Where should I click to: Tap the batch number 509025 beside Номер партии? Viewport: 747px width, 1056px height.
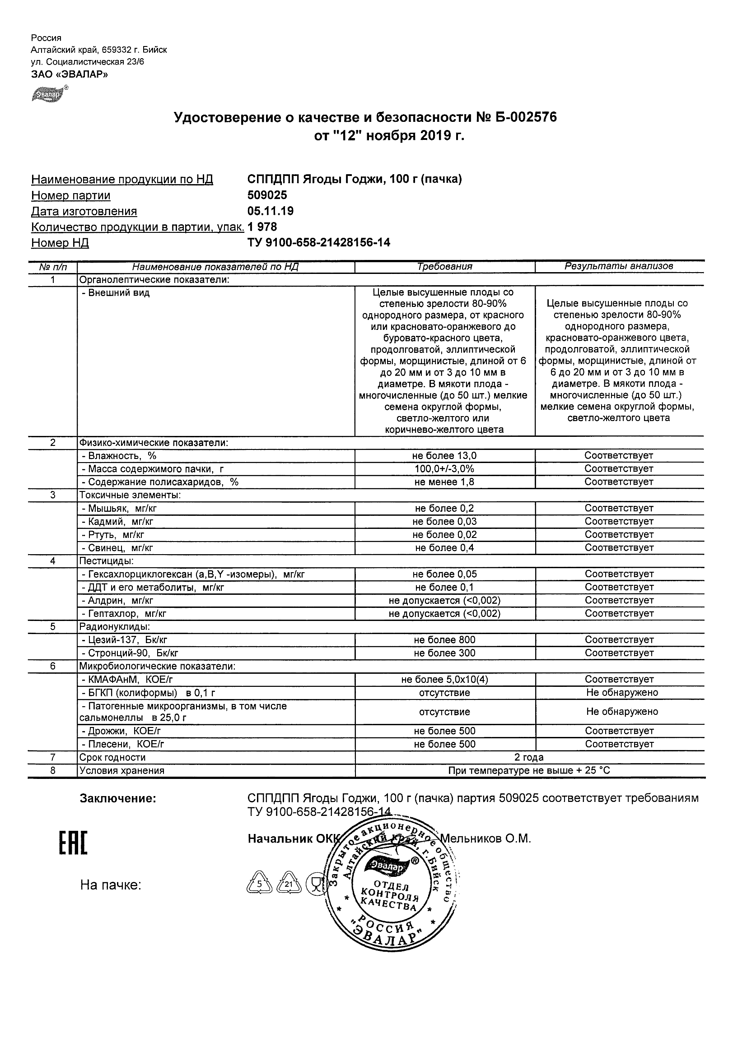[267, 195]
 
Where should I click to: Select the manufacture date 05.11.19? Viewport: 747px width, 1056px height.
[270, 212]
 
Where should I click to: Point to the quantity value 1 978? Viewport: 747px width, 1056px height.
[262, 227]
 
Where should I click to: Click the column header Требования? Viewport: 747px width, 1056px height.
[444, 266]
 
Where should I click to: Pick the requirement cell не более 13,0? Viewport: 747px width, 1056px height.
[444, 456]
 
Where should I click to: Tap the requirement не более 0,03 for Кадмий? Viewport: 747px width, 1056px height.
[444, 522]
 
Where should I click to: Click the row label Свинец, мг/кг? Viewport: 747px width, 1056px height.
[117, 548]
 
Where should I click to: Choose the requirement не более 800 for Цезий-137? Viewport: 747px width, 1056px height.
[444, 640]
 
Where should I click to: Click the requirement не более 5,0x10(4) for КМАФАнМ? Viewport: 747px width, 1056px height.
[444, 679]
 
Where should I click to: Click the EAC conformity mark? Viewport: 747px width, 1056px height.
[73, 844]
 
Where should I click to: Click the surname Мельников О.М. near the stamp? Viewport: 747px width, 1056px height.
[486, 838]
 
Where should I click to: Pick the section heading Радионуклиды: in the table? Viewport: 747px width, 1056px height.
[115, 627]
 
